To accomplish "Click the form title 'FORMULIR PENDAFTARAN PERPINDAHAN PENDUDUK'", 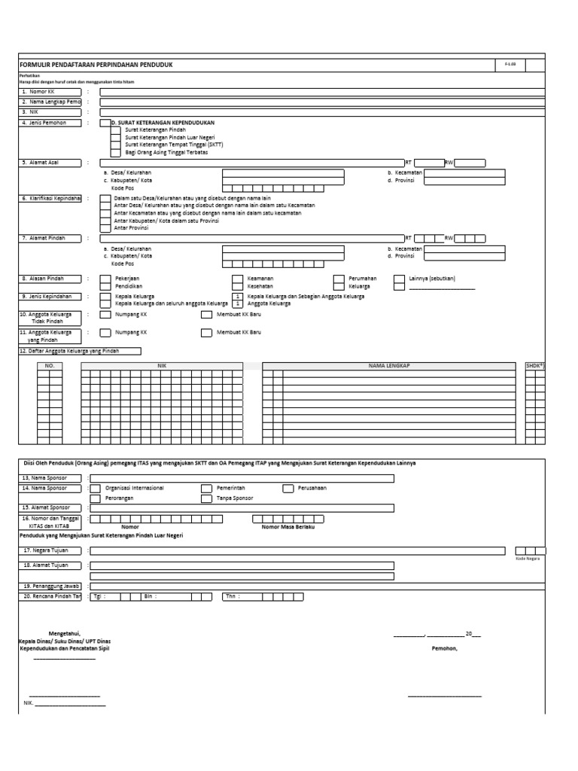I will pos(96,66).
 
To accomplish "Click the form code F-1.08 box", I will pos(510,66).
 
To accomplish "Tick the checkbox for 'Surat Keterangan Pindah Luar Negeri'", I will pos(114,137).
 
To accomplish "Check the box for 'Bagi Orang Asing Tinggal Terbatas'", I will pos(114,152).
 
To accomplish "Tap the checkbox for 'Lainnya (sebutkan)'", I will pos(399,279).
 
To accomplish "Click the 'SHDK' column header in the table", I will pos(534,365).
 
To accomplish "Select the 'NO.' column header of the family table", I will pos(50,365).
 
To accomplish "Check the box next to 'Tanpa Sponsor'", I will pos(206,498).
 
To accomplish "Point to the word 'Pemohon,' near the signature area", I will pos(444,648).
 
